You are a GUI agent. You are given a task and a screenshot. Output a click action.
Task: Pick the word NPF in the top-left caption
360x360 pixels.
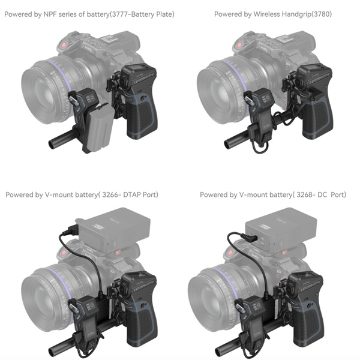[x=50, y=14]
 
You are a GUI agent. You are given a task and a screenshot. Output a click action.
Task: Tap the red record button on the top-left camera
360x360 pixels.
[x=64, y=46]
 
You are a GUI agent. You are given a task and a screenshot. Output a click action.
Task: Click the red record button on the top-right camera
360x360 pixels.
[x=239, y=46]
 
